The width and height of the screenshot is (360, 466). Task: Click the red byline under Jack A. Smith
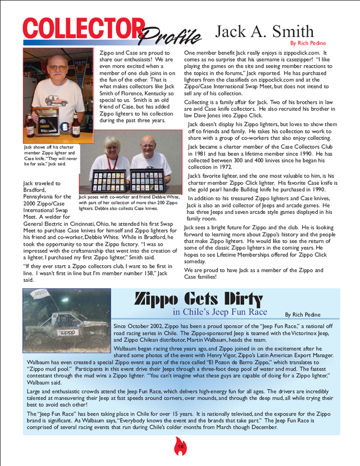pos(308,43)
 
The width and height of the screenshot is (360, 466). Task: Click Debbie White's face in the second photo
pos(114,146)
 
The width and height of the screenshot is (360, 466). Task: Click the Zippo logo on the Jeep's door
pos(67,332)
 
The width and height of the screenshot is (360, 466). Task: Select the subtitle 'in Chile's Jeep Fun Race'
pos(220,311)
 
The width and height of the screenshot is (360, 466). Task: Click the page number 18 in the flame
pos(180,448)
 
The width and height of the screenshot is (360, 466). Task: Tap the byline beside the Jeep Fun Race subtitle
pos(303,315)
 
